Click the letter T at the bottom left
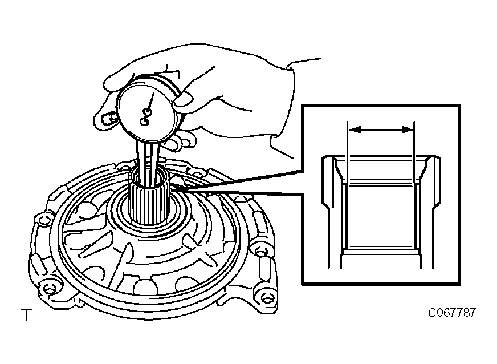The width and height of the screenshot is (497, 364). (27, 314)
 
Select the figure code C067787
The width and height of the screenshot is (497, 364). (452, 313)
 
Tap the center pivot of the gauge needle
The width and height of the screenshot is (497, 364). (148, 111)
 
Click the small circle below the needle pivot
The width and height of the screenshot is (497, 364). (144, 121)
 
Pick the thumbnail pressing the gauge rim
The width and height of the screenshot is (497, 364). (184, 99)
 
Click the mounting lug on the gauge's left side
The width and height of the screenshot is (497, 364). (107, 118)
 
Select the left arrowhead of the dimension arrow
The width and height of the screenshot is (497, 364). (355, 130)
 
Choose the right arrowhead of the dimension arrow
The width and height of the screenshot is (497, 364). (408, 130)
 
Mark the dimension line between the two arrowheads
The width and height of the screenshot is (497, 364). (381, 130)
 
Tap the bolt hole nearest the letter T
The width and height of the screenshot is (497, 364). (49, 289)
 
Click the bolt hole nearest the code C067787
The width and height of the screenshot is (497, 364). (268, 298)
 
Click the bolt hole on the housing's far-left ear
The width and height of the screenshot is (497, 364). (43, 220)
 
